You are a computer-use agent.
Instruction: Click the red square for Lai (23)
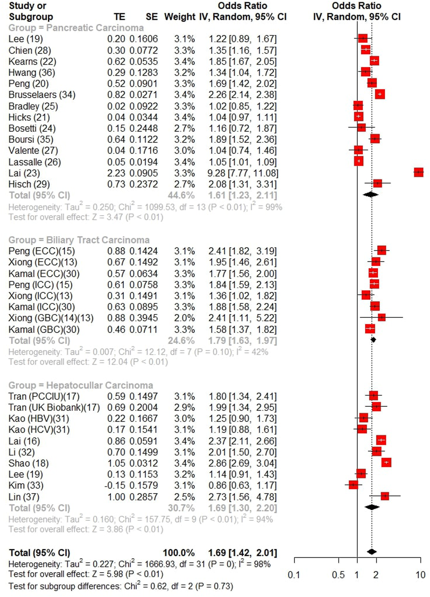pyautogui.click(x=418, y=172)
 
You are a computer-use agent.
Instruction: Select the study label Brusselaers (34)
pyautogui.click(x=42, y=95)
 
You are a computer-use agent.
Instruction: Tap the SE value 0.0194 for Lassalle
pyautogui.click(x=144, y=162)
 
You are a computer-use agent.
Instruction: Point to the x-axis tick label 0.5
pyautogui.click(x=338, y=575)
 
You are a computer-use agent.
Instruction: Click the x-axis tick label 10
pyautogui.click(x=421, y=575)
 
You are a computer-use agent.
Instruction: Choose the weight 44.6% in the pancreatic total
pyautogui.click(x=181, y=195)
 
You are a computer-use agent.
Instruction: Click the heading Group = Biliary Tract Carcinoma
pyautogui.click(x=79, y=240)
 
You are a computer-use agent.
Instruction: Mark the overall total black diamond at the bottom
pyautogui.click(x=372, y=552)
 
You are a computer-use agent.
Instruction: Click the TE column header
pyautogui.click(x=119, y=17)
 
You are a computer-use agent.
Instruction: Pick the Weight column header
pyautogui.click(x=180, y=17)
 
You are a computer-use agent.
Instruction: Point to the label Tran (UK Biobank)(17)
pyautogui.click(x=54, y=407)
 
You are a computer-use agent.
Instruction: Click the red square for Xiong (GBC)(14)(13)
pyautogui.click(x=381, y=317)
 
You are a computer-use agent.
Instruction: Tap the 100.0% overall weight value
pyautogui.click(x=179, y=553)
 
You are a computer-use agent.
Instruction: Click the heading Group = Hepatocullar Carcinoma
pyautogui.click(x=81, y=385)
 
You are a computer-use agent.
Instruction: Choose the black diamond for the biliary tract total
pyautogui.click(x=373, y=339)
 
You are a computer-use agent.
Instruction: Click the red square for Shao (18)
pyautogui.click(x=386, y=463)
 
